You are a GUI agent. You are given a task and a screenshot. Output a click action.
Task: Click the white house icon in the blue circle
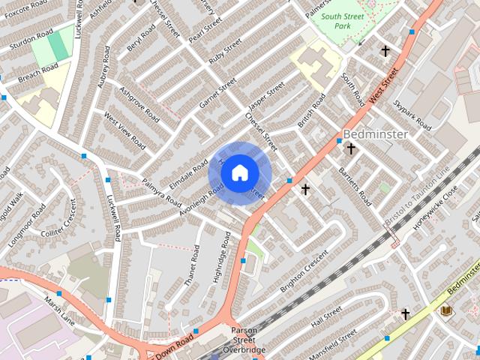pos(239,173)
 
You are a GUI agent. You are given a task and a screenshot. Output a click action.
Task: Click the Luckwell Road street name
pos(114,217)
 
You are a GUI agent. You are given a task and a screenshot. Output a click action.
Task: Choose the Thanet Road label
pos(194,263)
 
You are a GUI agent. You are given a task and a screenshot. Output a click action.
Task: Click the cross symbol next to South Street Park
pos(385,51)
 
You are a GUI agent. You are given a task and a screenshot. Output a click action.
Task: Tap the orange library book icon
pos(446,310)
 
